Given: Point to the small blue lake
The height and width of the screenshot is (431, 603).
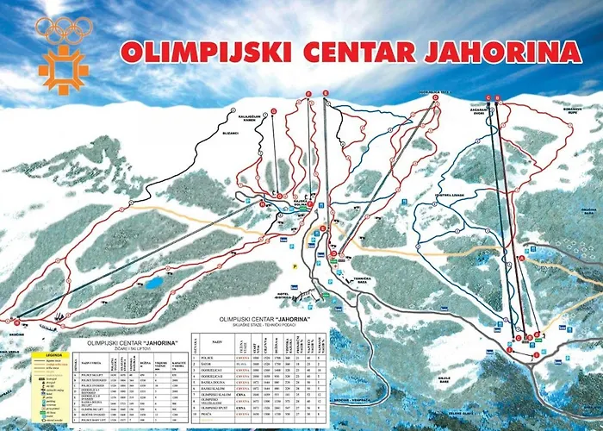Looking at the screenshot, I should click(x=153, y=283).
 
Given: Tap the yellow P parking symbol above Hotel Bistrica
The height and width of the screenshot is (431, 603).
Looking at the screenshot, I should click(x=295, y=268).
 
